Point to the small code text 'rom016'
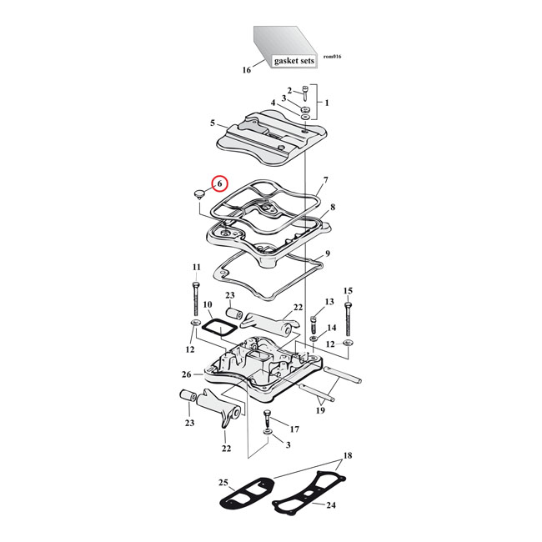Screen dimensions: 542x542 (x=332, y=57)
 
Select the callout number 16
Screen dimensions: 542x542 (x=246, y=71)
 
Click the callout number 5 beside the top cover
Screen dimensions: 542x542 (x=213, y=123)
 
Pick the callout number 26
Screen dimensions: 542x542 (x=187, y=374)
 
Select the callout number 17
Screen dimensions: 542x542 (x=294, y=429)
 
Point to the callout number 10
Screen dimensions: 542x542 (x=208, y=305)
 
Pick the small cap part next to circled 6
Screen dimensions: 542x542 (x=198, y=195)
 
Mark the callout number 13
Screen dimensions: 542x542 (x=329, y=301)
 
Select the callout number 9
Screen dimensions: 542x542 (x=328, y=253)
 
